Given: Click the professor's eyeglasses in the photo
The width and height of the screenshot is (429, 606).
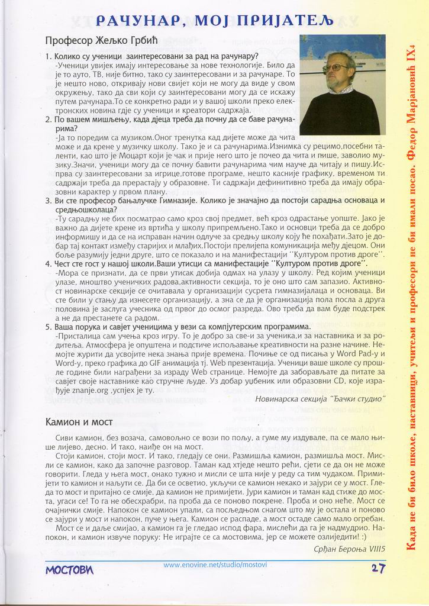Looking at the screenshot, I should tap(336, 68).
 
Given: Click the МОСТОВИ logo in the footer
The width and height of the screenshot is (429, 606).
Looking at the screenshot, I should tap(69, 569).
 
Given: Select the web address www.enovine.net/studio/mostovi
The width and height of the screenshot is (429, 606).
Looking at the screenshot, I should tap(215, 565).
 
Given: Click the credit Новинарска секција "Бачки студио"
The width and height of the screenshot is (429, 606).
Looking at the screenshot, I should tap(320, 398).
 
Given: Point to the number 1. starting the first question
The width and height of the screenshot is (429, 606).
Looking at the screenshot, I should tap(49, 56).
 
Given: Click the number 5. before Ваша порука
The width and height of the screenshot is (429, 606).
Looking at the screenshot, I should tap(49, 326).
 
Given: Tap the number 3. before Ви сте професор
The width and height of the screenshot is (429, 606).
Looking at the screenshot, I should tap(49, 201).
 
